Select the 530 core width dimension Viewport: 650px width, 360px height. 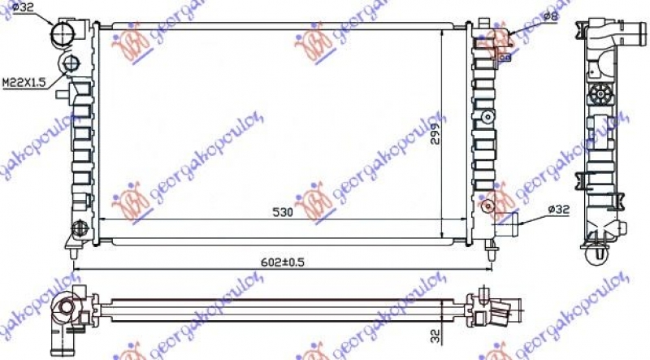pyautogui.click(x=282, y=213)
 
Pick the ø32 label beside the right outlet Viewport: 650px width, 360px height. pyautogui.click(x=558, y=210)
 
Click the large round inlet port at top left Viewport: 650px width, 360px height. pyautogui.click(x=64, y=33)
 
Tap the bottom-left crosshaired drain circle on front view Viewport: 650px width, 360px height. pyautogui.click(x=79, y=228)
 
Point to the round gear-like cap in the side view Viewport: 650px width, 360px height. pyautogui.click(x=602, y=94)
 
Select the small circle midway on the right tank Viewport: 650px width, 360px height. pyautogui.click(x=487, y=117)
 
